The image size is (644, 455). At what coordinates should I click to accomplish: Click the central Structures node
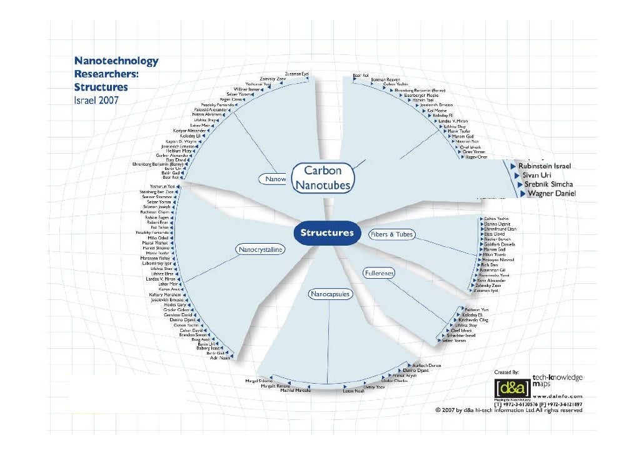coord(327,232)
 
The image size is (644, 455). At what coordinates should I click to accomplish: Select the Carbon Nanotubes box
coord(323,177)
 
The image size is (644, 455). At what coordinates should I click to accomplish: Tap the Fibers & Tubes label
coord(392,234)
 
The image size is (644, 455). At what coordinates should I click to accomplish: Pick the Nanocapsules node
coord(331,293)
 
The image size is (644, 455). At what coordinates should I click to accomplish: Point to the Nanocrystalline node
coord(260,250)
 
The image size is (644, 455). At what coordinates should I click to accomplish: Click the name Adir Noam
coord(221,358)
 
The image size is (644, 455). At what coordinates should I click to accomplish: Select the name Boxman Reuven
coord(385,79)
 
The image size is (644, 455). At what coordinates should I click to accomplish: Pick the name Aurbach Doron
coord(426,364)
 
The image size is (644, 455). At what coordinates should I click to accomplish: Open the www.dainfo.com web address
coord(558,396)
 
